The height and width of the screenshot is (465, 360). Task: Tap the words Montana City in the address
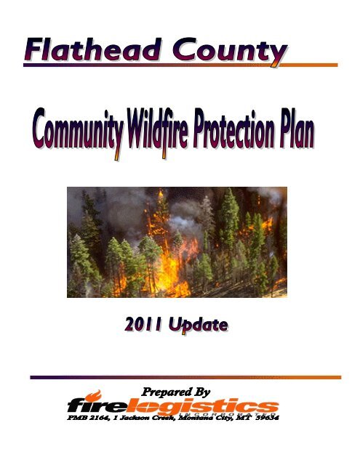point(210,420)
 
